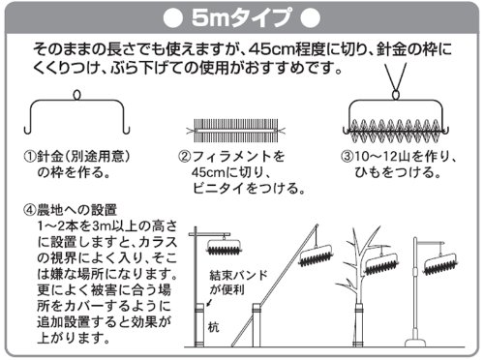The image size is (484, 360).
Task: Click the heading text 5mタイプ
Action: click(242, 17)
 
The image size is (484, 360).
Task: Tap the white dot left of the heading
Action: click(173, 18)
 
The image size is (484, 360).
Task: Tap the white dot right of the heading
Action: click(311, 18)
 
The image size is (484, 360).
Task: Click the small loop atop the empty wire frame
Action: click(77, 94)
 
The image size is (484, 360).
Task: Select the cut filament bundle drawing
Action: click(236, 131)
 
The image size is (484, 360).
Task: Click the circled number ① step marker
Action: click(30, 157)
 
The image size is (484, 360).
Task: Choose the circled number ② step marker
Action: click(184, 157)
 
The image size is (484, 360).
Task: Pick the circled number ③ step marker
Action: click(348, 157)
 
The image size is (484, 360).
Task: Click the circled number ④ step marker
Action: click(30, 210)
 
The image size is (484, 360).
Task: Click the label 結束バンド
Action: click(238, 275)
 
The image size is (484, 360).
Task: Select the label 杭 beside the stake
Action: click(213, 327)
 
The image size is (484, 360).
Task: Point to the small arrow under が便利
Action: click(209, 303)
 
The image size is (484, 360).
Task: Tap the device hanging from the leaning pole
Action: click(317, 255)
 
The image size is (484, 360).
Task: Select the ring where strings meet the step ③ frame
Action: click(396, 95)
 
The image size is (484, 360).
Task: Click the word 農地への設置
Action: click(76, 210)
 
